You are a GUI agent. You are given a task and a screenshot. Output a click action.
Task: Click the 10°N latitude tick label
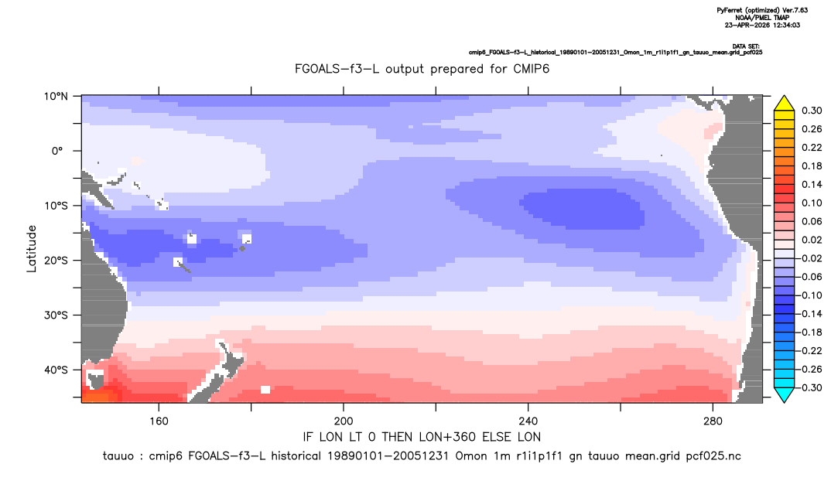click(x=56, y=97)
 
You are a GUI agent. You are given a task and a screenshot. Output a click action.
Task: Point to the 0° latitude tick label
click(x=57, y=151)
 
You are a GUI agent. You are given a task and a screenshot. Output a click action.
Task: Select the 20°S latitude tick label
click(x=56, y=261)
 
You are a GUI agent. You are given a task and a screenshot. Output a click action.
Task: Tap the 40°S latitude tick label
click(x=56, y=370)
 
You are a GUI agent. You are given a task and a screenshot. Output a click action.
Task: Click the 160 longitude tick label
click(x=159, y=421)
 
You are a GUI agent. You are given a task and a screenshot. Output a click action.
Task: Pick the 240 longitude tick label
click(x=528, y=421)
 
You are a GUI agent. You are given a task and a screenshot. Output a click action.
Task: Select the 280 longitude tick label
click(x=713, y=421)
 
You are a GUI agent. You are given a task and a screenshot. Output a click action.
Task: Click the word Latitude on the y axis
click(x=32, y=249)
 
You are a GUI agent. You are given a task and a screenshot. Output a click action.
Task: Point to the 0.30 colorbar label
click(x=812, y=111)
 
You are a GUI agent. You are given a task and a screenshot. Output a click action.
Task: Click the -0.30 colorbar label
click(x=809, y=387)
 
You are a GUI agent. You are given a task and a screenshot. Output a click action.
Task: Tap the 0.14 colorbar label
click(x=812, y=184)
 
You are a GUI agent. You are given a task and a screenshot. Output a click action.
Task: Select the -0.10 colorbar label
click(x=809, y=295)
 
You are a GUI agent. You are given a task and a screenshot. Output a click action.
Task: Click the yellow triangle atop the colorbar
click(x=784, y=104)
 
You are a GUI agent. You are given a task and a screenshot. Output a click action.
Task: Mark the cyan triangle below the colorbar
click(x=784, y=394)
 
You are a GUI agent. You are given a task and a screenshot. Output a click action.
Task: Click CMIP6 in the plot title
click(x=530, y=69)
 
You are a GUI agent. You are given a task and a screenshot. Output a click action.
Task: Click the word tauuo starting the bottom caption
click(x=118, y=456)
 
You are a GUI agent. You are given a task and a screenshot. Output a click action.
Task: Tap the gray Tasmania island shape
click(x=96, y=380)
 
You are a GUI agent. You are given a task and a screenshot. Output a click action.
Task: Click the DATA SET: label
click(x=747, y=46)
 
